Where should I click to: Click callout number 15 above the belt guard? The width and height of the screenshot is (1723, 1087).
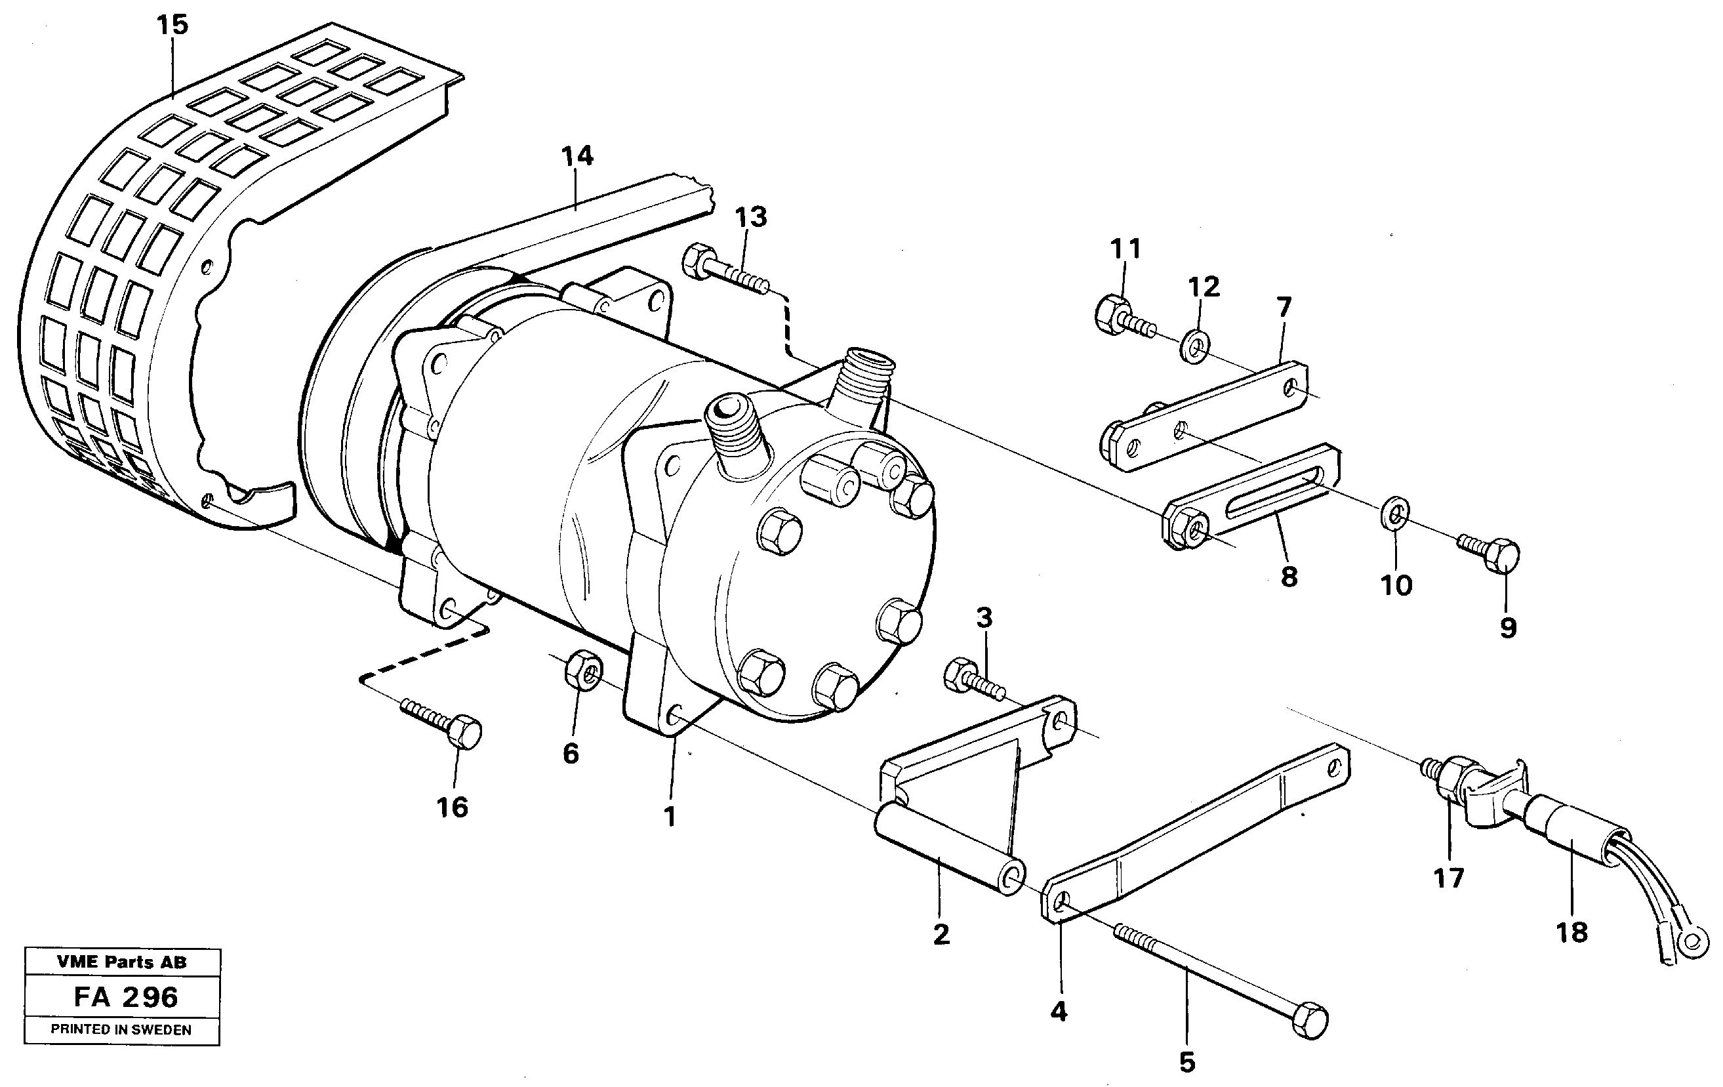pyautogui.click(x=172, y=25)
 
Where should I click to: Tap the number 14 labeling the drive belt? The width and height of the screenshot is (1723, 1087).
pyautogui.click(x=577, y=156)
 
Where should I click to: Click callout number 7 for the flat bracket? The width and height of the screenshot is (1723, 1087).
pyautogui.click(x=1284, y=308)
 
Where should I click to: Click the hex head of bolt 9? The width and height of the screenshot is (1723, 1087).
pyautogui.click(x=1503, y=555)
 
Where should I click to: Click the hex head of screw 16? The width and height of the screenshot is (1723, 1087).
pyautogui.click(x=466, y=731)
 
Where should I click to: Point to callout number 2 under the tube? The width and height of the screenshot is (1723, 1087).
pyautogui.click(x=942, y=934)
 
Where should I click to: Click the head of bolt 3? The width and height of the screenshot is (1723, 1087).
pyautogui.click(x=959, y=675)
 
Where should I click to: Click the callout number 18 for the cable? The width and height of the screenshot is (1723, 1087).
pyautogui.click(x=1571, y=932)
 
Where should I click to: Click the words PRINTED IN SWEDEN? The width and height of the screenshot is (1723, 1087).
pyautogui.click(x=121, y=1030)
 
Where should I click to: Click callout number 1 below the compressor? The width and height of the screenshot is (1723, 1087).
pyautogui.click(x=670, y=817)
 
